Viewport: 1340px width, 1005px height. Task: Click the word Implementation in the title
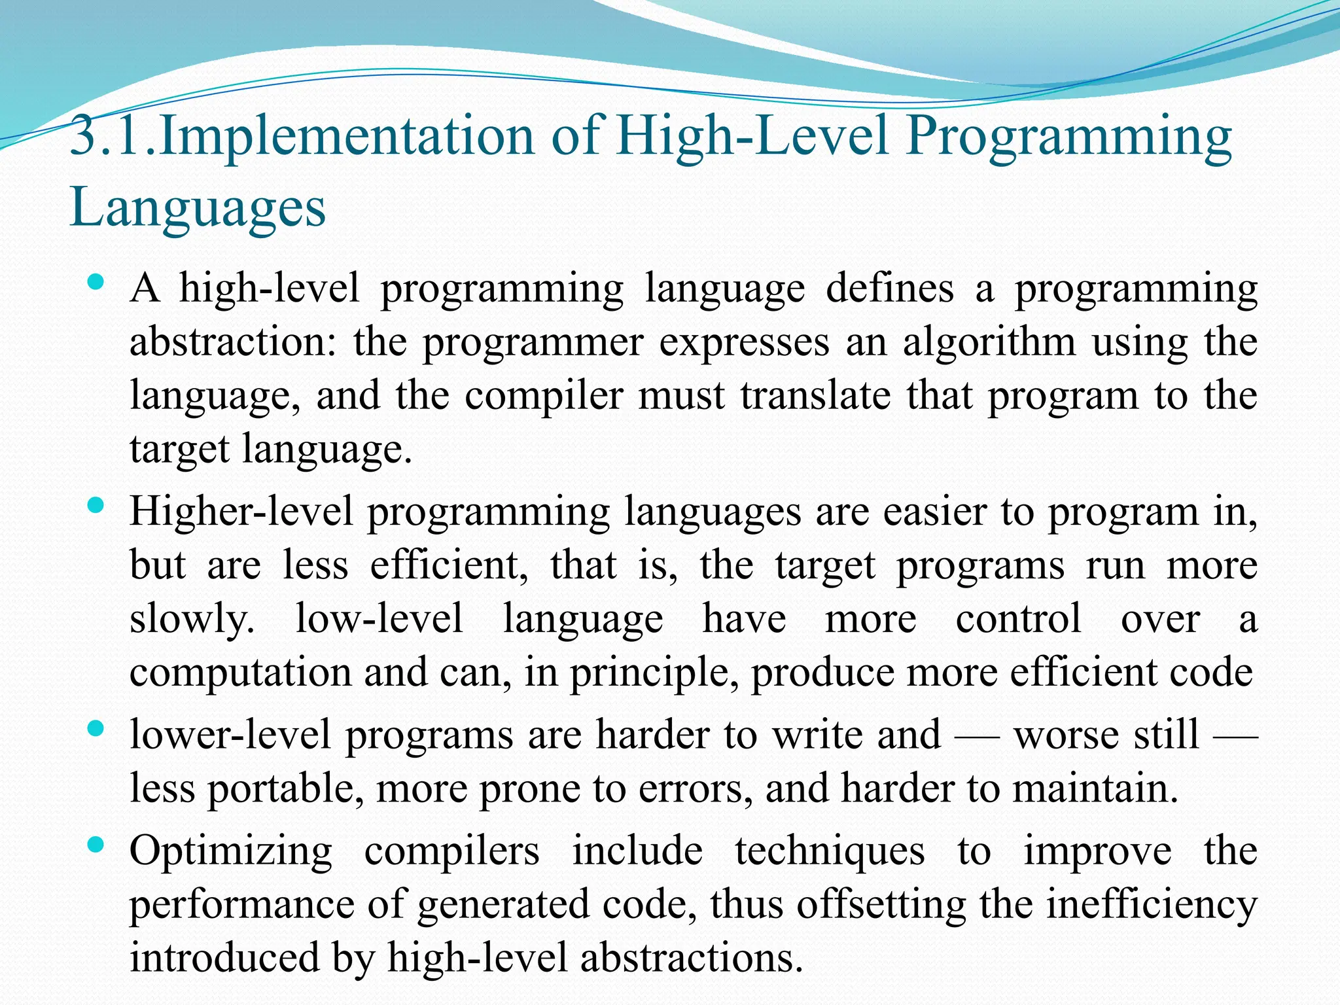(346, 136)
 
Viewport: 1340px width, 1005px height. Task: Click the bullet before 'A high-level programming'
(96, 283)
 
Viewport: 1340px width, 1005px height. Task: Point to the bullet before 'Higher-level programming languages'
(96, 505)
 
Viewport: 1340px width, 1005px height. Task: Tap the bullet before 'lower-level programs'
(96, 729)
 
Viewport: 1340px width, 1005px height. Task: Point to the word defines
(890, 289)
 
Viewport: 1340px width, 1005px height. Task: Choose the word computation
(239, 673)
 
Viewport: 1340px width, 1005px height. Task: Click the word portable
(285, 788)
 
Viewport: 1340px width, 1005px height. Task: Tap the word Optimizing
(231, 852)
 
